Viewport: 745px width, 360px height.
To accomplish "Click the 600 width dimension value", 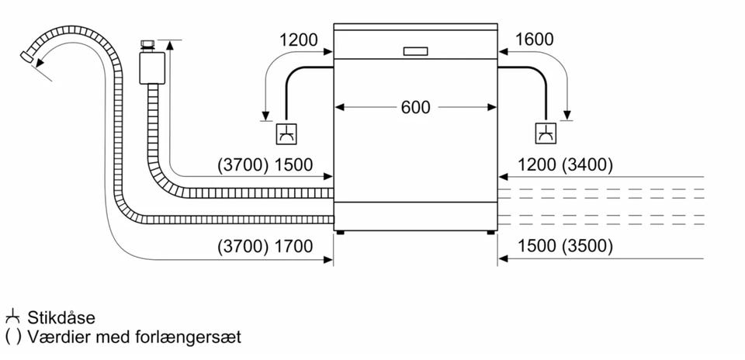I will (x=415, y=107).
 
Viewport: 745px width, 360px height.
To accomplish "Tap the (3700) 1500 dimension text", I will (x=266, y=164).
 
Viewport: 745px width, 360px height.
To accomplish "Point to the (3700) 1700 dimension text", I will (x=266, y=247).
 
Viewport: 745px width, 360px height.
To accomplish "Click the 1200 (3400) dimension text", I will (x=565, y=164).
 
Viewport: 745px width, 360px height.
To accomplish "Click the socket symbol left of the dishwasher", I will (x=286, y=133).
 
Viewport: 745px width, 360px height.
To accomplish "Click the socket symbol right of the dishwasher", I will (x=545, y=133).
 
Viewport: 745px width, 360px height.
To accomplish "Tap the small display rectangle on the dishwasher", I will (x=415, y=51).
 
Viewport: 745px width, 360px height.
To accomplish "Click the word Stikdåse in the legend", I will (x=61, y=318).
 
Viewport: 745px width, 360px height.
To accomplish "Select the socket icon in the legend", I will (x=12, y=317).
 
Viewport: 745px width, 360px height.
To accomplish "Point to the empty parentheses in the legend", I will (x=12, y=337).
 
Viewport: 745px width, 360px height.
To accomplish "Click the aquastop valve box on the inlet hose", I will (x=151, y=68).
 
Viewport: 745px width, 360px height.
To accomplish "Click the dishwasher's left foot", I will (x=339, y=230).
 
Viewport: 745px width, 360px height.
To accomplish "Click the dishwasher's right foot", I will (x=490, y=230).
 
